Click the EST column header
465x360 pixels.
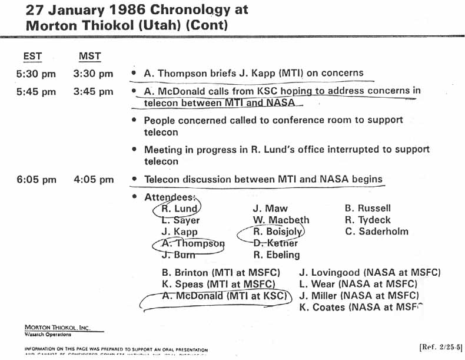[x=32, y=57]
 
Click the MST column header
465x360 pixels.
[x=90, y=57]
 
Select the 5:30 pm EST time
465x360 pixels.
[x=36, y=74]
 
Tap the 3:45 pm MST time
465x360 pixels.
[x=94, y=91]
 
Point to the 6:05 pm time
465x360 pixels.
[x=36, y=179]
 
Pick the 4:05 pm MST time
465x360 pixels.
[x=94, y=179]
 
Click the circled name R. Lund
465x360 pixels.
[x=179, y=209]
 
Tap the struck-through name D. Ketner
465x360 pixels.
[x=275, y=243]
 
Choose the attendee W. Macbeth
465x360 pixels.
[x=281, y=220]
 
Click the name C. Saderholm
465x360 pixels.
[x=376, y=232]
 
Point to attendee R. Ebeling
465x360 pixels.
[x=276, y=255]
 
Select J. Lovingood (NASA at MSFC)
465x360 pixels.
[x=370, y=273]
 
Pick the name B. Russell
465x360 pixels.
[x=367, y=208]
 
